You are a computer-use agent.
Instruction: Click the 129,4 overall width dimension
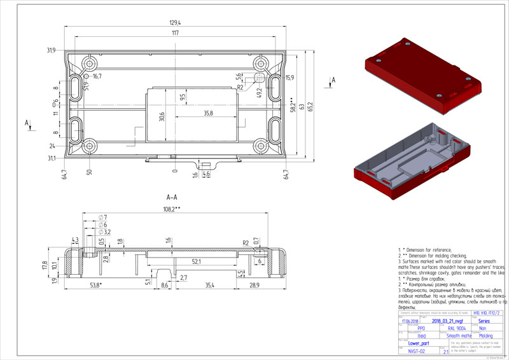tap(175, 23)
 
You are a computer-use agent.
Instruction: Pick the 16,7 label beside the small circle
tap(97, 76)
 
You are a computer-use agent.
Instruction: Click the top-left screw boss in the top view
tap(88, 64)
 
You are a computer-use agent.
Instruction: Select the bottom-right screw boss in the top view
tap(261, 146)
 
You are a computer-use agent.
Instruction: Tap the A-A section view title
tap(172, 197)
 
